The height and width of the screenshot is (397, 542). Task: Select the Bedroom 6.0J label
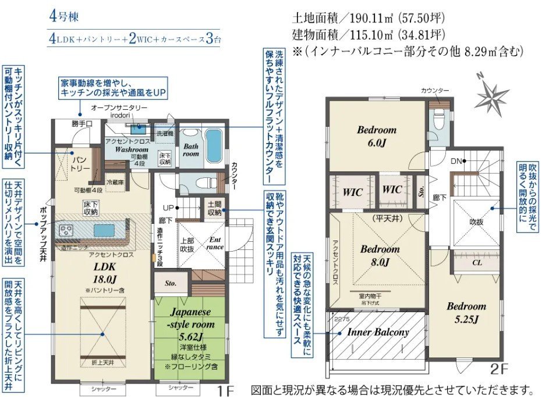pos(377,135)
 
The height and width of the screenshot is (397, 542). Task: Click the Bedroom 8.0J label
pos(380,255)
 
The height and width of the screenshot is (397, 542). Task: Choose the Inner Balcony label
pos(378,332)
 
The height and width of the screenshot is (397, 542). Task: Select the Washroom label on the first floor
pos(131,149)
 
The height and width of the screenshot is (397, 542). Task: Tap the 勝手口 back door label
pos(82,124)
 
